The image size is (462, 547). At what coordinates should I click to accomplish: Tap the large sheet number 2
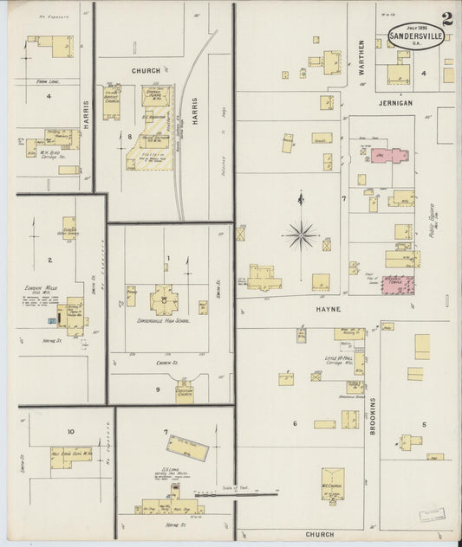[446, 19]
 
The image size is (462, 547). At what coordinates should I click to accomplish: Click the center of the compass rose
[302, 233]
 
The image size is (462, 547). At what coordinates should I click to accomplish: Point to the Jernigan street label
[394, 103]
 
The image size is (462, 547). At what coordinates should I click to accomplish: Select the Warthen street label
[362, 57]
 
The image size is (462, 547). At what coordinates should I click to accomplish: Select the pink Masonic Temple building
[398, 285]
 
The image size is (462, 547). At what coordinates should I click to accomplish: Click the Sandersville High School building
[164, 300]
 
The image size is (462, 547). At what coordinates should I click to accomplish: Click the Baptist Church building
[112, 102]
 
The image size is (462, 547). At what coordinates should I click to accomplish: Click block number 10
[70, 431]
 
